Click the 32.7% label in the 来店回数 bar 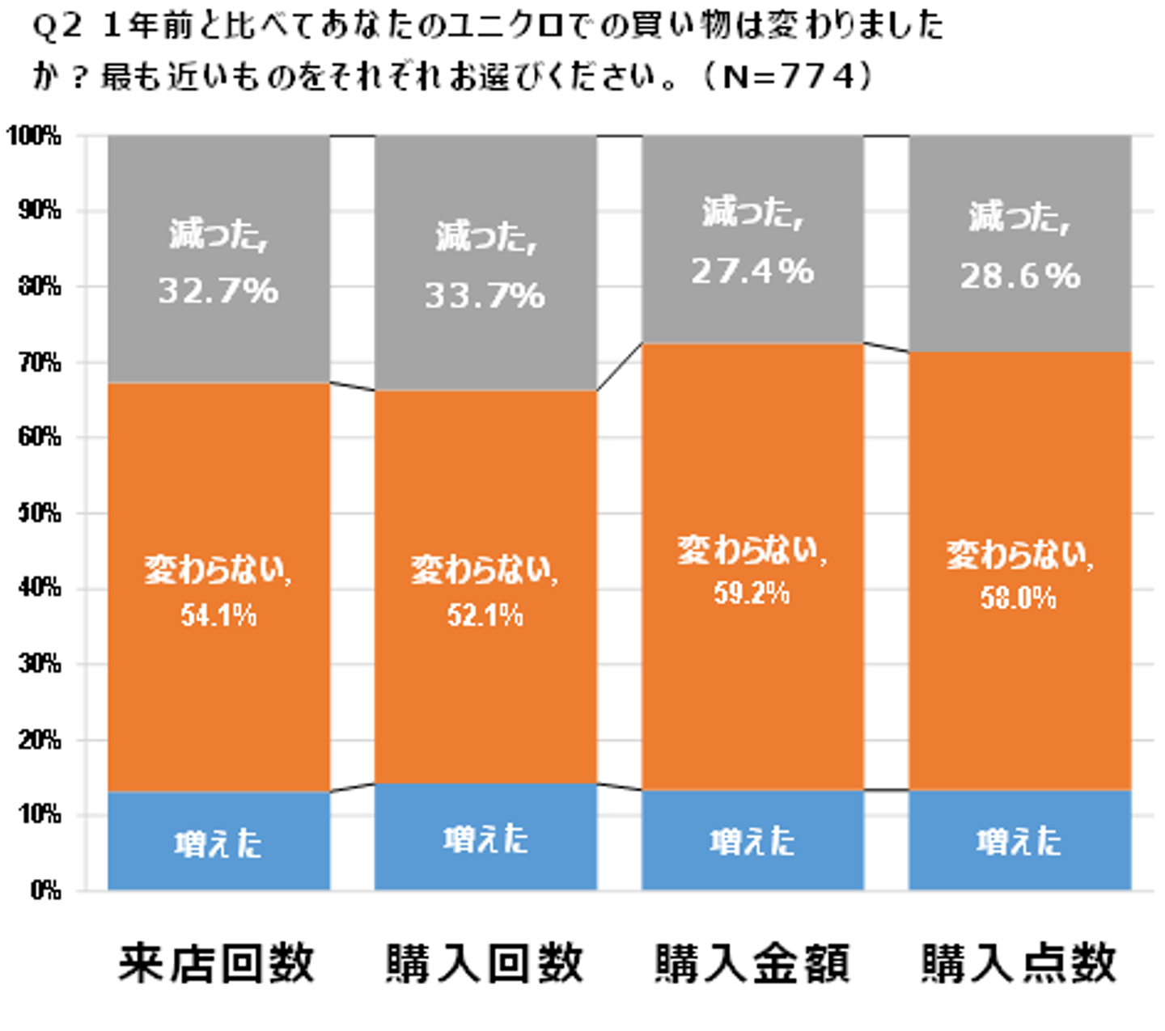(x=218, y=290)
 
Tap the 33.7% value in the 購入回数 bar (x=485, y=296)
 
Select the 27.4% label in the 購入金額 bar (x=752, y=271)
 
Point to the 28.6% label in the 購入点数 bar (x=1020, y=277)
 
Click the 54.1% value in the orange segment (x=218, y=616)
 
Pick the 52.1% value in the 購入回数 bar (x=485, y=616)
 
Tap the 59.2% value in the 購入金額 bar (x=752, y=594)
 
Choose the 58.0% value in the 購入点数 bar (x=1019, y=598)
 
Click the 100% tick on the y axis (x=34, y=136)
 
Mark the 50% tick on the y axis (x=38, y=513)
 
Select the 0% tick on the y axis (x=44, y=890)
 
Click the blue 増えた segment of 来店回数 (x=218, y=841)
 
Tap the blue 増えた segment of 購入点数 (x=1019, y=841)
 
